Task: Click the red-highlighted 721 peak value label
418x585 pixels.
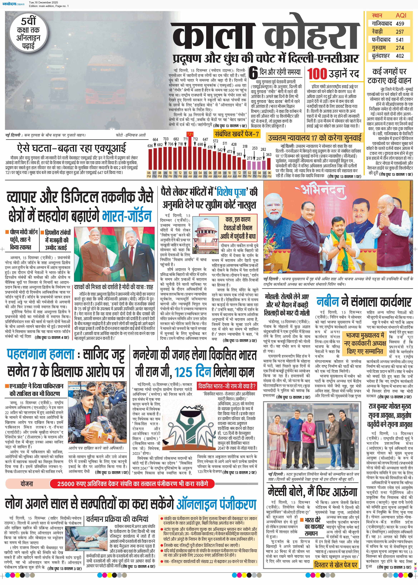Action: [190, 134]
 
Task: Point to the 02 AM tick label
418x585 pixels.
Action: [190, 174]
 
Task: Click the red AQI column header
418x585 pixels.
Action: [401, 15]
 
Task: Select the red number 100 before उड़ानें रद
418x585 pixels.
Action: [317, 74]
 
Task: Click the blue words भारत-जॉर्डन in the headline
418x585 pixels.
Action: [127, 216]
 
